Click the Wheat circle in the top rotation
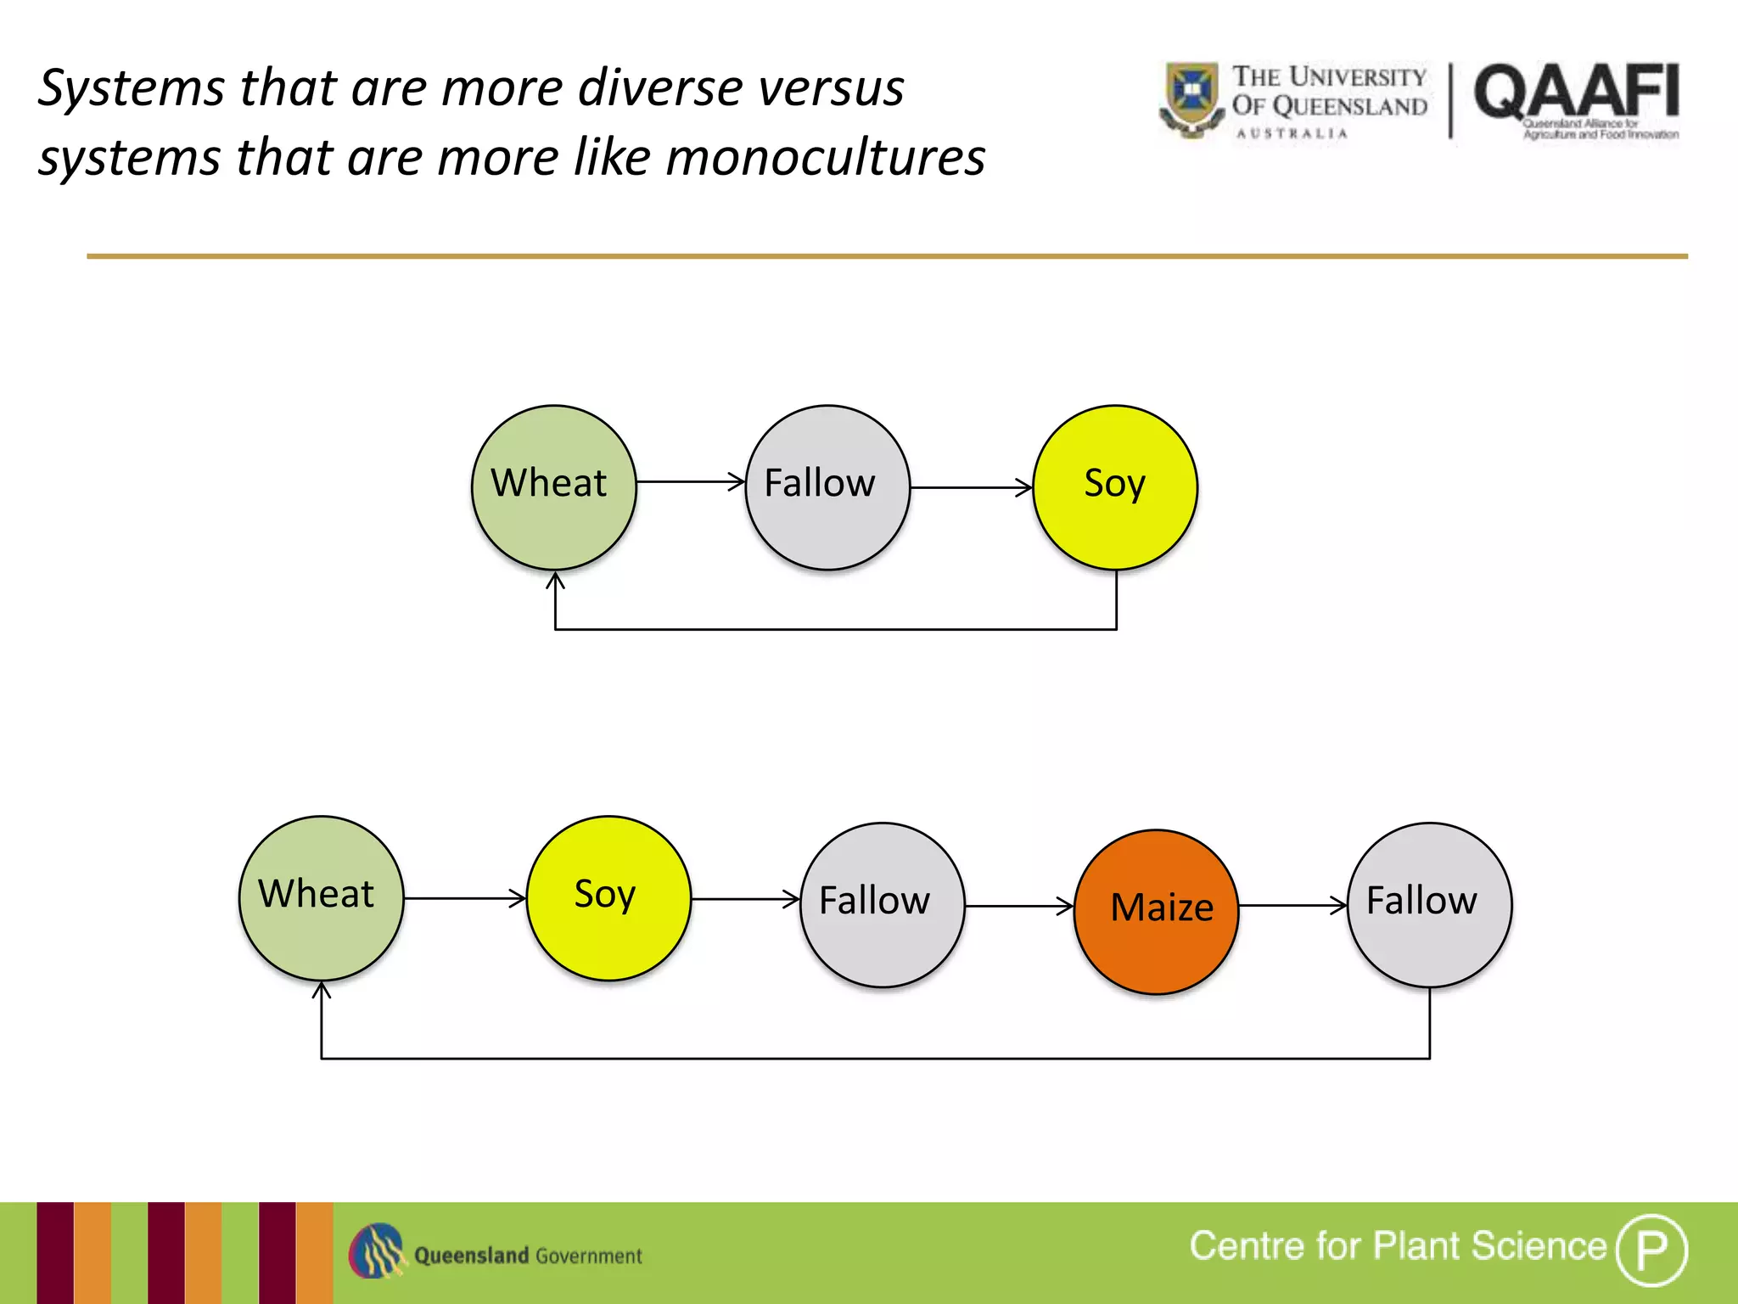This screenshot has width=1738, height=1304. tap(553, 487)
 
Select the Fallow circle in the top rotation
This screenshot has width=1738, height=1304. tap(827, 487)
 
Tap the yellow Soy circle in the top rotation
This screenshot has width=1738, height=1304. tap(1115, 487)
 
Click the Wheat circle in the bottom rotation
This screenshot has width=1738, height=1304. tap(321, 898)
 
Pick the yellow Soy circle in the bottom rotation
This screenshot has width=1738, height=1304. tap(608, 898)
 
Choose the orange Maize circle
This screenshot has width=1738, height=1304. tap(1156, 911)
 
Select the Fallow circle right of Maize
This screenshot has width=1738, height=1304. tap(1429, 905)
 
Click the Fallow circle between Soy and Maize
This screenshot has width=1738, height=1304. tap(882, 905)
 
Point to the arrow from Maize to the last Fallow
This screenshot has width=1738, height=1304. tap(1292, 905)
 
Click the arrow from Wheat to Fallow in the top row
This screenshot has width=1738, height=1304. tap(690, 481)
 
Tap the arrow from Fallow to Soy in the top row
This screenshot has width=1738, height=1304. tap(971, 487)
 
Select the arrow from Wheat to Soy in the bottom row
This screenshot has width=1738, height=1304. tap(464, 898)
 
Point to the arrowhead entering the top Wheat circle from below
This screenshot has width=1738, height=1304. tap(555, 582)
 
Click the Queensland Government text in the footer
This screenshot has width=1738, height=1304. tap(528, 1256)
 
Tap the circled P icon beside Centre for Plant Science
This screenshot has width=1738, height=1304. tap(1651, 1250)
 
